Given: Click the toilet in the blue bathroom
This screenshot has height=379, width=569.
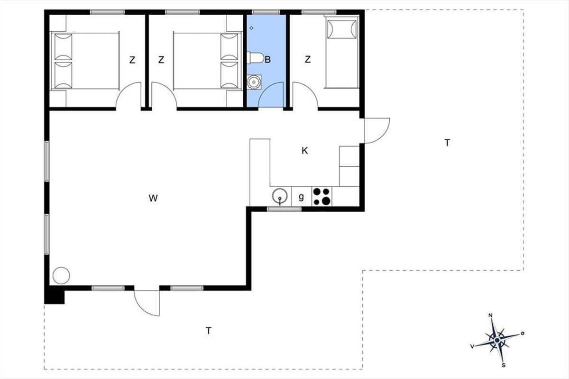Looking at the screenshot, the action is [255, 58].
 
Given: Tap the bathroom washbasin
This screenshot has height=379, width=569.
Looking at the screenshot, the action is [254, 82].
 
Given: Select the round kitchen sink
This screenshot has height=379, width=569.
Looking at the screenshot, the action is [280, 196].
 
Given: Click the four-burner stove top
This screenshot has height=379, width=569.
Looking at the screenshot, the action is [321, 196].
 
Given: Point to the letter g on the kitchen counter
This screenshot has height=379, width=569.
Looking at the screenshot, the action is [301, 197].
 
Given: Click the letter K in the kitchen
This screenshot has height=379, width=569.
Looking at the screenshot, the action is [304, 151].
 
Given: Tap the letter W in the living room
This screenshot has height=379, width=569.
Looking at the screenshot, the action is [153, 198].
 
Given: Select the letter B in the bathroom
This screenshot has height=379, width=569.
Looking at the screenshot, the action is [268, 60].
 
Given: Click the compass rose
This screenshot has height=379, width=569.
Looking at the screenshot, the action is [497, 340].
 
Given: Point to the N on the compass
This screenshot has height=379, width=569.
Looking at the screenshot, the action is [490, 316].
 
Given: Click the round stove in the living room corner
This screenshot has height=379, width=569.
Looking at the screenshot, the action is [61, 276].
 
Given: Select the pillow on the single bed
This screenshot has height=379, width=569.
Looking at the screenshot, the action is [342, 29].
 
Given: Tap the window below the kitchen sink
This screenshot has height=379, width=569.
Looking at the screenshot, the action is [284, 209].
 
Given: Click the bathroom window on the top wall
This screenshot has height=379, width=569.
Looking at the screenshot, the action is [266, 12].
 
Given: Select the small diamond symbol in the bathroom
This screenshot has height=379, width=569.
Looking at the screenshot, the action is [251, 28].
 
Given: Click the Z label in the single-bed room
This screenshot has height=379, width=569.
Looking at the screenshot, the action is [308, 59].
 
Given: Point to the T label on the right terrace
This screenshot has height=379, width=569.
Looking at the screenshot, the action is [447, 143].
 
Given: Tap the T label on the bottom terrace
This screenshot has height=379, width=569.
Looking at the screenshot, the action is [209, 331].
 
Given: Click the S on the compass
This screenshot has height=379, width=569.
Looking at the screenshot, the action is [504, 365].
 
